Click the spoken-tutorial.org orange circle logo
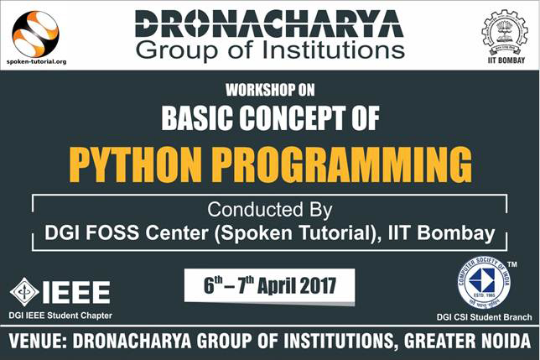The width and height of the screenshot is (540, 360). [35, 34]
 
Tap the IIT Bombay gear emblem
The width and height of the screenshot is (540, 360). [503, 33]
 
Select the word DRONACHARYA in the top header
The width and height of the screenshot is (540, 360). [269, 23]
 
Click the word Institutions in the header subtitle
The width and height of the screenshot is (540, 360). [334, 50]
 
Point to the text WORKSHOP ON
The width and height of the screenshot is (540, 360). [270, 91]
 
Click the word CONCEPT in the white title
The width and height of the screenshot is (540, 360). [293, 117]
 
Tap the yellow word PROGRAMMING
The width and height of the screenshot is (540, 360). [341, 164]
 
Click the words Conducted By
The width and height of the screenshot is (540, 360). [270, 210]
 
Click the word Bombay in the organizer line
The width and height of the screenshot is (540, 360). [456, 233]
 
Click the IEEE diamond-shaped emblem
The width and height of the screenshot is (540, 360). [24, 292]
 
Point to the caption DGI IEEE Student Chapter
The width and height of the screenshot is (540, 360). [60, 316]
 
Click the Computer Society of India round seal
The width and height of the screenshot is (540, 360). [484, 282]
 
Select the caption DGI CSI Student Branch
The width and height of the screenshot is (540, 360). [484, 317]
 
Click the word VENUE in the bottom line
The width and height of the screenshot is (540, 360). [38, 341]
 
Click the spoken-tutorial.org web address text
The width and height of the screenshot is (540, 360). [36, 62]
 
